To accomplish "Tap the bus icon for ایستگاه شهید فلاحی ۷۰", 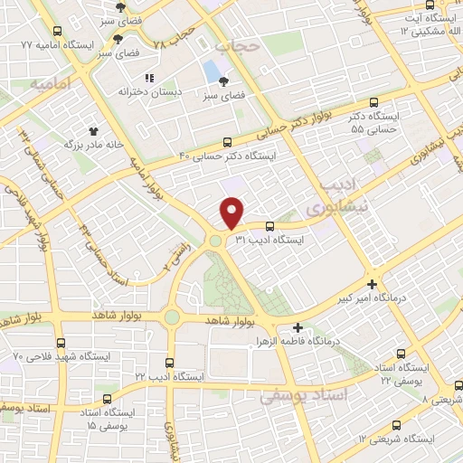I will (x=61, y=343).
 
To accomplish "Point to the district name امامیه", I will (x=50, y=83).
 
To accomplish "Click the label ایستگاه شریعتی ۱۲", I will (x=396, y=439).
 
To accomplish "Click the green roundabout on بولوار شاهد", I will (x=172, y=317).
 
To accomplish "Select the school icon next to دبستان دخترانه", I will (x=150, y=78).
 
